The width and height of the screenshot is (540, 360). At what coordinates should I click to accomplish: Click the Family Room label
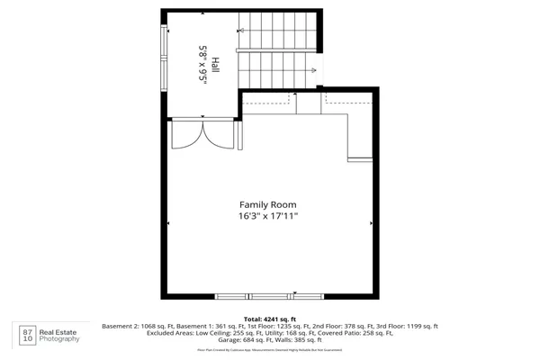tap(267, 204)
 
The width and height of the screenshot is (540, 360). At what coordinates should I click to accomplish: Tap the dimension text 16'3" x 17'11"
tap(267, 217)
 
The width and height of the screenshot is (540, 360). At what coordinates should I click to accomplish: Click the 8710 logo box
tap(27, 335)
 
